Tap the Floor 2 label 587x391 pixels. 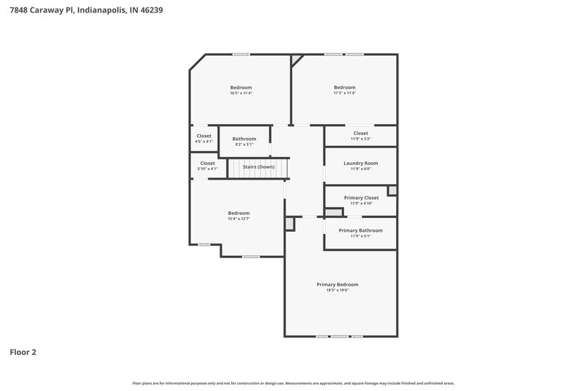(23, 352)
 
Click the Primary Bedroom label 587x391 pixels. (338, 285)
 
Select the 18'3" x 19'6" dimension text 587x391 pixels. (338, 290)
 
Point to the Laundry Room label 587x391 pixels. (360, 163)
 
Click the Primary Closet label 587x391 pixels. (361, 197)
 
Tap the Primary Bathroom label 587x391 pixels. (360, 230)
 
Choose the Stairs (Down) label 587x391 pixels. (258, 167)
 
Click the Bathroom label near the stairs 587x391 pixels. (244, 139)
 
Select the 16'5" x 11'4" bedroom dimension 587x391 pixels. (241, 93)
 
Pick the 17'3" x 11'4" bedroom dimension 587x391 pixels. (344, 93)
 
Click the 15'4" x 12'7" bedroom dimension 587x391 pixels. (238, 219)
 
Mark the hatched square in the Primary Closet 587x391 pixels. (392, 190)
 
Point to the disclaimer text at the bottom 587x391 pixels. (293, 383)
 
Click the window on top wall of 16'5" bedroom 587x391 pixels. (241, 54)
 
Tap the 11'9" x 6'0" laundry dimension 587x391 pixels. (360, 169)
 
